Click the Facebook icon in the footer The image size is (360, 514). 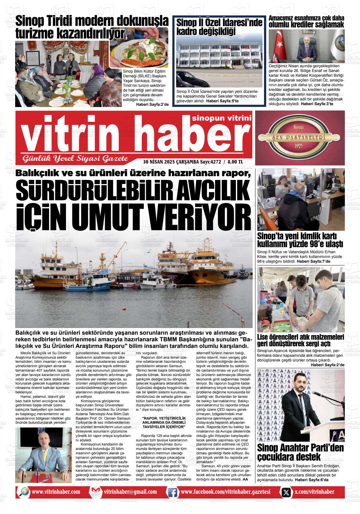point(172,492)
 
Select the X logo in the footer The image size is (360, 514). point(286,492)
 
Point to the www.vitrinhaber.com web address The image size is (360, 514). point(56,492)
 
